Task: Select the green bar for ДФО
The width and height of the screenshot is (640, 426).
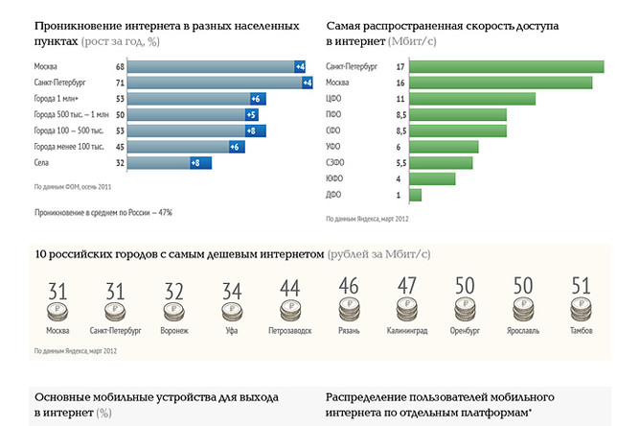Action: coord(415,195)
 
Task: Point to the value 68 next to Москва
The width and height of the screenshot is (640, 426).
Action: coord(120,66)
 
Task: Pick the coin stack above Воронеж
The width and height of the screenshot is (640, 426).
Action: coord(174,311)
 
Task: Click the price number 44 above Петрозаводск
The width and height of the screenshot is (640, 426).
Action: coord(291,287)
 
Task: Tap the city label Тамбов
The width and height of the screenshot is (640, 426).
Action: coord(582,331)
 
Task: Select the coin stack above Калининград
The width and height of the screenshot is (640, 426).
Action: coord(407,311)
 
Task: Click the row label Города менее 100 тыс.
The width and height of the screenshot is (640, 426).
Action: coord(67,147)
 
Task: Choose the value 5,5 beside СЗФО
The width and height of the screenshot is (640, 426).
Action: coord(401,163)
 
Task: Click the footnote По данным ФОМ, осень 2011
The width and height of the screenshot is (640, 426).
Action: coord(72,187)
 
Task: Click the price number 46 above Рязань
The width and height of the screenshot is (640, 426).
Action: coord(349,287)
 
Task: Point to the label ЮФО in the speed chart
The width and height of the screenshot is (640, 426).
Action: coord(334,178)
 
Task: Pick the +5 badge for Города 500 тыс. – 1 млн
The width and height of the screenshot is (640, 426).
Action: coord(252,114)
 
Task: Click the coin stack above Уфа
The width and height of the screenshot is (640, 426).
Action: coord(232,311)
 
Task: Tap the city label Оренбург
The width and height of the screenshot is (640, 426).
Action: coord(465,331)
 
